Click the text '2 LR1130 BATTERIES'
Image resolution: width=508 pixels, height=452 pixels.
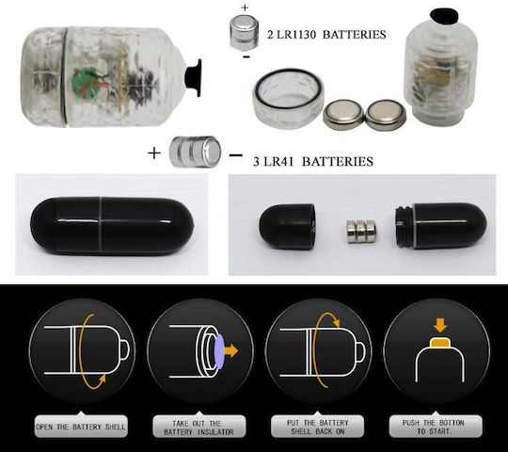coord(326,34)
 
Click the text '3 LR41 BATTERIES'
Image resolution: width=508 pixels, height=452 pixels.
coord(313,161)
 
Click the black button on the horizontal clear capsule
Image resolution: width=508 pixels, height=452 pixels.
coord(194,77)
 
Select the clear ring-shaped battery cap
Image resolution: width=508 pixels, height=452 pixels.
coord(289,98)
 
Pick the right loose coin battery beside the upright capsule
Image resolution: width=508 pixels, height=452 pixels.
coord(386,115)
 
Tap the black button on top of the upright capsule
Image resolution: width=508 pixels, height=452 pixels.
coord(443,17)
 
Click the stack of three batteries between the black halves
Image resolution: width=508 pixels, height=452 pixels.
coord(361,232)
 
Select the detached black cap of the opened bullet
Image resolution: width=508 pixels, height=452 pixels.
coord(287,226)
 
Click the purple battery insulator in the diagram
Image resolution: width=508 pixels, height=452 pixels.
coord(219,351)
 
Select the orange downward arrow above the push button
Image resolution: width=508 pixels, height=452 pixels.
coord(439,325)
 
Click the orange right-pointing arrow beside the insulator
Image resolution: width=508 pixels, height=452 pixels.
coord(231,351)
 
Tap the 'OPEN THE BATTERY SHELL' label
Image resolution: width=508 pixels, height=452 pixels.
coord(81,426)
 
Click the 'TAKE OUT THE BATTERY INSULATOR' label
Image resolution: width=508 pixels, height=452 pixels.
coord(198,427)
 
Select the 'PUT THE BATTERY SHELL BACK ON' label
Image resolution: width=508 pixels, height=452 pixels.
coord(318,427)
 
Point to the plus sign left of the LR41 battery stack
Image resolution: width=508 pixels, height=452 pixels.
coord(154,153)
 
